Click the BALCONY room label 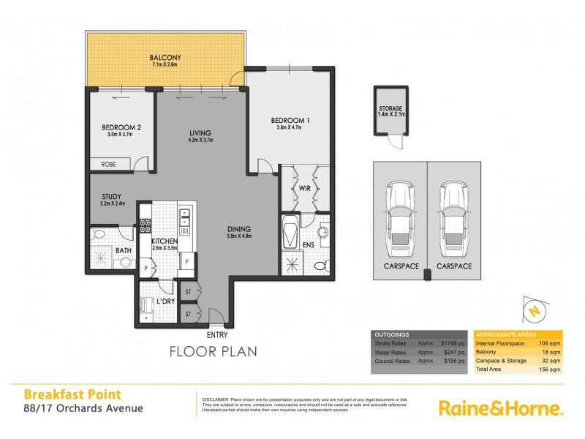(x=160, y=57)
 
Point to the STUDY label (x=112, y=195)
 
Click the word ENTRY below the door (x=218, y=334)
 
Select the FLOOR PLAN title (x=213, y=351)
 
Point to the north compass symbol (x=535, y=310)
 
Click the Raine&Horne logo (x=501, y=408)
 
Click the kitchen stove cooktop (x=146, y=226)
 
